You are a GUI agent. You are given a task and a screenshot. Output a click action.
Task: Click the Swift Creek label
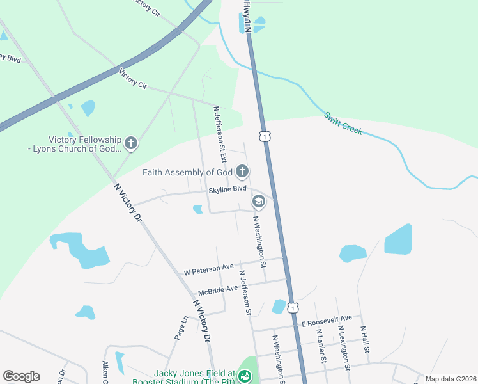click(x=343, y=124)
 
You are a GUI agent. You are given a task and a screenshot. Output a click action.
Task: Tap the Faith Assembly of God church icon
click(x=242, y=171)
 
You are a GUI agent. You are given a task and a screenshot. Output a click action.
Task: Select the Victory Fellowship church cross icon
click(x=131, y=143)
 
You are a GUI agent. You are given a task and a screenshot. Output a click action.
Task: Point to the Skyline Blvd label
click(x=227, y=189)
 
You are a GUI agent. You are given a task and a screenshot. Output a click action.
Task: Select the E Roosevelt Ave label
click(x=327, y=319)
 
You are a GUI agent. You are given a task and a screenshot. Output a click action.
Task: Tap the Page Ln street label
click(x=181, y=328)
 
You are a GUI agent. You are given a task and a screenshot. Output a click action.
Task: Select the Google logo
click(x=21, y=376)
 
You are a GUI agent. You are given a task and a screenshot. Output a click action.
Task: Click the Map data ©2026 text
click(x=451, y=379)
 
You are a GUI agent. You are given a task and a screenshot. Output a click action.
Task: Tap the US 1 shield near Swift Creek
click(x=265, y=136)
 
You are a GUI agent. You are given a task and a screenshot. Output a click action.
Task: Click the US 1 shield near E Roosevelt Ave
click(x=293, y=308)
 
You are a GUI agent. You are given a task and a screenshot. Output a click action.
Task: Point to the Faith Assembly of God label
click(x=187, y=172)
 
